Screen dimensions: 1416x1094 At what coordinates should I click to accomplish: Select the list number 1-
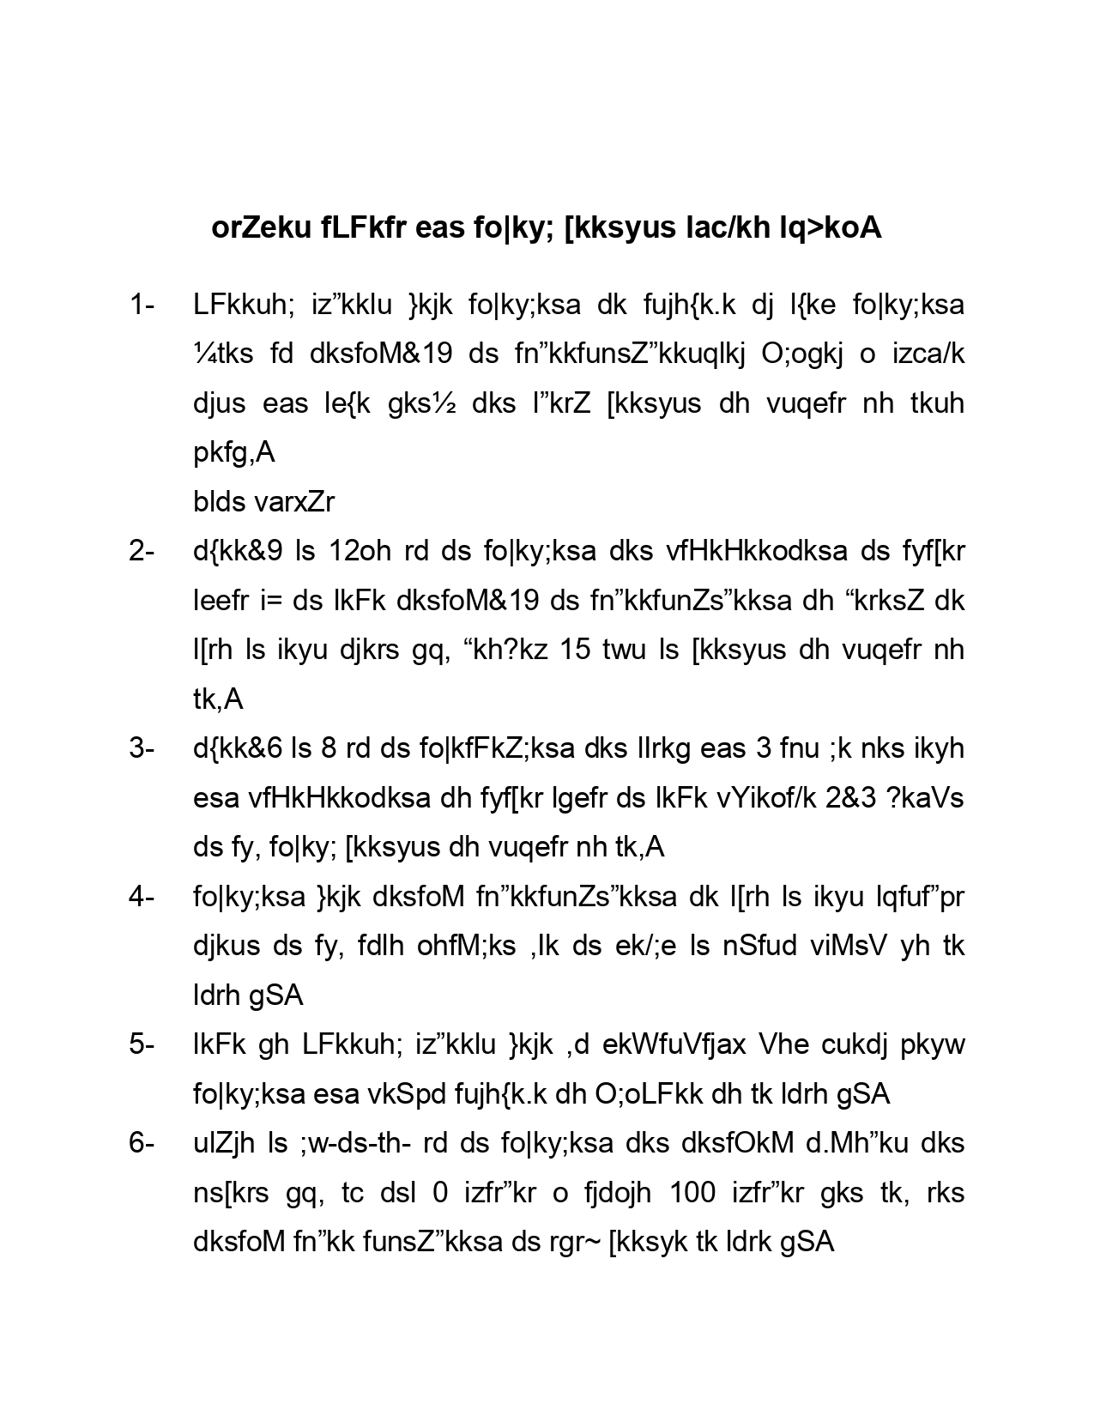[x=142, y=305]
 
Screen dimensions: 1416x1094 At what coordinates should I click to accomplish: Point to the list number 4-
[x=142, y=897]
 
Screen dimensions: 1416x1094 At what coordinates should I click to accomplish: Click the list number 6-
[x=142, y=1143]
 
